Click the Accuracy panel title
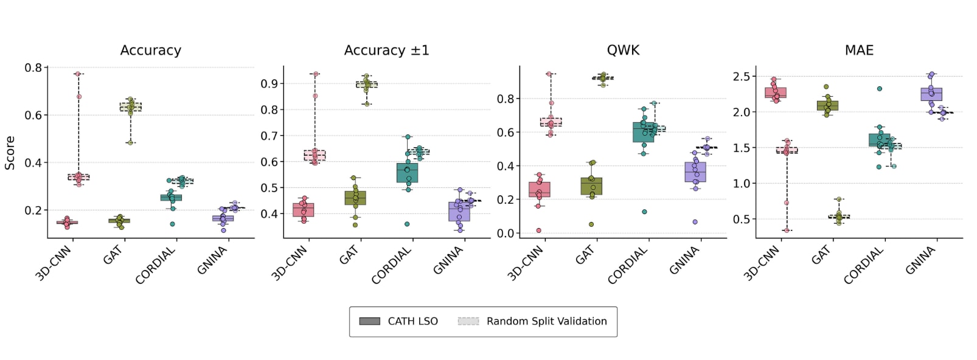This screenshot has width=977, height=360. [150, 50]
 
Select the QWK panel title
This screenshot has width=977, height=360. [623, 50]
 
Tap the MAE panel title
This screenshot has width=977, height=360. [859, 50]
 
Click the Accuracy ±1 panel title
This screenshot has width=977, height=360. [386, 50]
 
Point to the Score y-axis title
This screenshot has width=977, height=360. [10, 153]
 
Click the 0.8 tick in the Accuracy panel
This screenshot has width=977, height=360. [33, 67]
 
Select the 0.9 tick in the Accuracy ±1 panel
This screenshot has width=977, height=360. [269, 84]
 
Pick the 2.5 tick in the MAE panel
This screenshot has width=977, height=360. [742, 77]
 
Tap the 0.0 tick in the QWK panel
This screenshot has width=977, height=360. [506, 234]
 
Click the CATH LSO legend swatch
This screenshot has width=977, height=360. [369, 321]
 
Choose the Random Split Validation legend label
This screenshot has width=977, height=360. [546, 321]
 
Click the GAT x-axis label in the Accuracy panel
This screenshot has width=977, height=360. [113, 255]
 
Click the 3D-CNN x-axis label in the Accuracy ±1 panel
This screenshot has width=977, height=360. [290, 264]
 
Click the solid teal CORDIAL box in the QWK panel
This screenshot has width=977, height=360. [643, 133]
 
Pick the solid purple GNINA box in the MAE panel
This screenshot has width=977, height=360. [931, 94]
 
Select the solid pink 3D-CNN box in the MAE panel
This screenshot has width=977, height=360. [776, 92]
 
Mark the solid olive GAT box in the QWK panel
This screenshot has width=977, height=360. [591, 186]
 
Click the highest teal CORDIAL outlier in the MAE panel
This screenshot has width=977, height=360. [879, 89]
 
